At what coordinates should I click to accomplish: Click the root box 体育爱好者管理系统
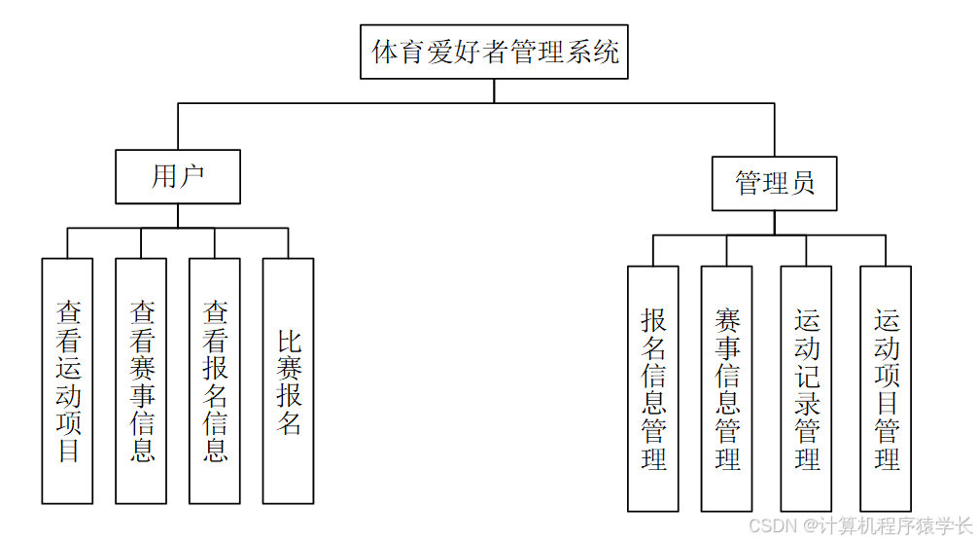pyautogui.click(x=494, y=52)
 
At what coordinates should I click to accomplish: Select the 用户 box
pyautogui.click(x=178, y=176)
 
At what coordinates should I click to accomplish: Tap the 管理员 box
pyautogui.click(x=774, y=183)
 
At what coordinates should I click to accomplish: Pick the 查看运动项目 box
pyautogui.click(x=68, y=380)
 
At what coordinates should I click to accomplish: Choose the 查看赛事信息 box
pyautogui.click(x=141, y=380)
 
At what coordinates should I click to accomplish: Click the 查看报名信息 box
pyautogui.click(x=215, y=380)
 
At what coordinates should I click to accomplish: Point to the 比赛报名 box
pyautogui.click(x=289, y=380)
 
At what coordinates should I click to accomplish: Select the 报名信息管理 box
pyautogui.click(x=653, y=388)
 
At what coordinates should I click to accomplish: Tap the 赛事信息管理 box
pyautogui.click(x=727, y=388)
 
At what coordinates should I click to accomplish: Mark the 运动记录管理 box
pyautogui.click(x=806, y=388)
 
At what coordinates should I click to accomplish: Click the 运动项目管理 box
pyautogui.click(x=886, y=388)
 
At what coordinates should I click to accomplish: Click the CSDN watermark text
pyautogui.click(x=859, y=525)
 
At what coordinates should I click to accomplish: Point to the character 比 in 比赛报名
pyautogui.click(x=289, y=342)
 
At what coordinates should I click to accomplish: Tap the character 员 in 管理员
pyautogui.click(x=802, y=183)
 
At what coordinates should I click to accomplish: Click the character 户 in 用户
pyautogui.click(x=192, y=176)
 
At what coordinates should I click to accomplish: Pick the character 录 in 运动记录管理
pyautogui.click(x=807, y=401)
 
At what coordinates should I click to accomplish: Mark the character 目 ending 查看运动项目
pyautogui.click(x=68, y=451)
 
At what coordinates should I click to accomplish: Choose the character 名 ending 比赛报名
pyautogui.click(x=289, y=422)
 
